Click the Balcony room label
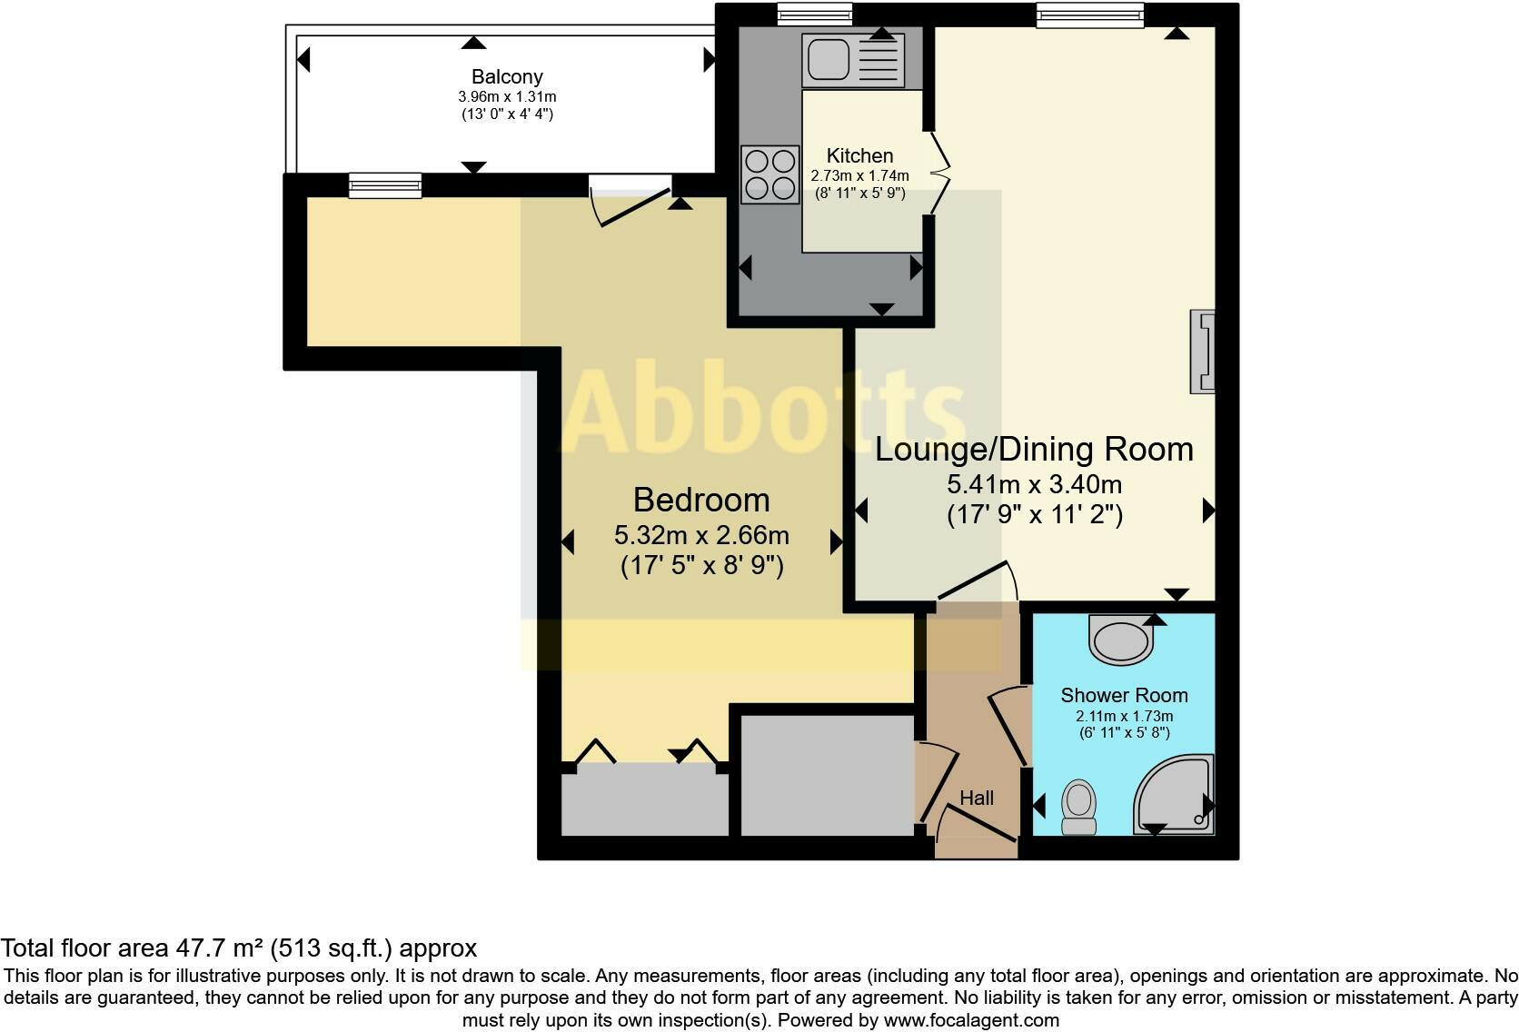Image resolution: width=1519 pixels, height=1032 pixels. (x=507, y=77)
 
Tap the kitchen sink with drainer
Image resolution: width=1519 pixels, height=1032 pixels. (x=852, y=60)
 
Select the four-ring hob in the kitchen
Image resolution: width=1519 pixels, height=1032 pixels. (x=769, y=174)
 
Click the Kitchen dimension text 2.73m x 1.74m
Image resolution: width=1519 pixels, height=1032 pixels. (x=859, y=175)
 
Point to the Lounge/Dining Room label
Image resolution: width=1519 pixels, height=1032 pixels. (x=1034, y=449)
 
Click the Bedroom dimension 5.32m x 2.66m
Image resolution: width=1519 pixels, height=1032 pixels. (x=701, y=534)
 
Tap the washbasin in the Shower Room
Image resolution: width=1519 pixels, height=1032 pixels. (x=1122, y=640)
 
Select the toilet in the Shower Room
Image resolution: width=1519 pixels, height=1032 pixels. (x=1079, y=808)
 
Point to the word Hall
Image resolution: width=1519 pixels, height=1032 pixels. (x=977, y=798)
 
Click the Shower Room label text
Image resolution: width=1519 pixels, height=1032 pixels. (x=1124, y=695)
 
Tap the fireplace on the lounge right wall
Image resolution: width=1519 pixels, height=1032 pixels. (x=1203, y=352)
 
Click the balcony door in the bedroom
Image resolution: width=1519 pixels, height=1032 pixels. (x=630, y=198)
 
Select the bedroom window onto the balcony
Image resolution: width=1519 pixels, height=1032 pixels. (x=385, y=185)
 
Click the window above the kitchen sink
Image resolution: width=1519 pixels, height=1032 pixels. (x=815, y=13)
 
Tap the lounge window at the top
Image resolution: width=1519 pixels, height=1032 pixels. (x=1090, y=15)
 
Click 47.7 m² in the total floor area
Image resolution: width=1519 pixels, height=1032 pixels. (x=218, y=948)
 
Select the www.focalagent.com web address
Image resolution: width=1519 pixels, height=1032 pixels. (x=971, y=1020)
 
